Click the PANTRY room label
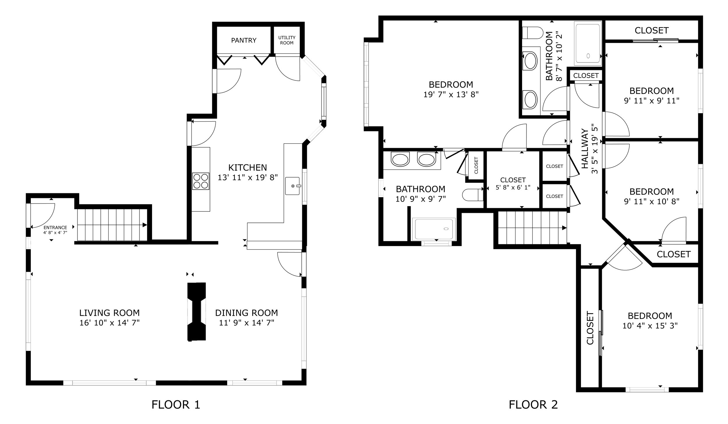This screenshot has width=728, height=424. [x=244, y=40]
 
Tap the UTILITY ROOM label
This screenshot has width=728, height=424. [x=287, y=40]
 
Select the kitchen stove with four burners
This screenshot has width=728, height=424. [x=201, y=181]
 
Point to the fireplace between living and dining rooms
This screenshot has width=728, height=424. [x=197, y=311]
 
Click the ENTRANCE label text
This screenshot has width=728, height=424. [x=55, y=227]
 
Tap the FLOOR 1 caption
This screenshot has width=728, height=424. [x=176, y=404]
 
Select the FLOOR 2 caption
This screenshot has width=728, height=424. [x=533, y=404]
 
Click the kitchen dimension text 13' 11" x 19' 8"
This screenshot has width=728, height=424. [x=248, y=177]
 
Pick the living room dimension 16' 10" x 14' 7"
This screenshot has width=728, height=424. [x=110, y=323]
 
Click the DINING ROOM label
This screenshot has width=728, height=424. [x=246, y=313]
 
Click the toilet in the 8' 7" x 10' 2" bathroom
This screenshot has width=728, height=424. [x=533, y=33]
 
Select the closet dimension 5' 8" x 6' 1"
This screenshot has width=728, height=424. [x=513, y=188]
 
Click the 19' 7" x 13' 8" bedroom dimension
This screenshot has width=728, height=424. [x=451, y=94]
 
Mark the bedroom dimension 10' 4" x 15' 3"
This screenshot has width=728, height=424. [x=650, y=325]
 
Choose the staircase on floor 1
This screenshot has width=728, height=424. [x=112, y=225]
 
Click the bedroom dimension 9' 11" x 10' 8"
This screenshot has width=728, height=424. [x=652, y=201]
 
